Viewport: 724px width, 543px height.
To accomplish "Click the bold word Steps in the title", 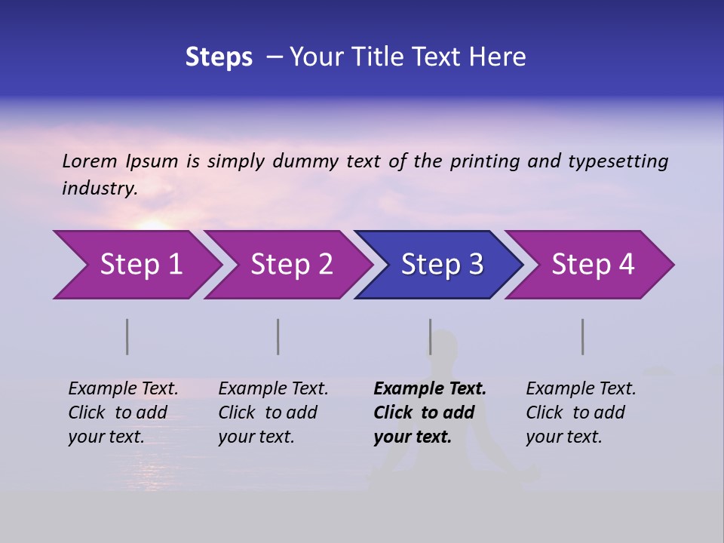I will click(219, 57).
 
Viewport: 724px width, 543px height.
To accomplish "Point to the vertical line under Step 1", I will click(127, 336).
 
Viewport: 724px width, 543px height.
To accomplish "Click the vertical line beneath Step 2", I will click(278, 336).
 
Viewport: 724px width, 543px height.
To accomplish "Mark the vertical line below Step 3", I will click(430, 336).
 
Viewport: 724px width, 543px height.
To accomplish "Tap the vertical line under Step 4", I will click(583, 336).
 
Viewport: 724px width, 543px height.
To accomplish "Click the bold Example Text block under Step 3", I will click(430, 413).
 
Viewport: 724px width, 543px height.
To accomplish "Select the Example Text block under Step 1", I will click(123, 413).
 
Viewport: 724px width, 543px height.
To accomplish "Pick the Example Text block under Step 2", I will click(273, 413).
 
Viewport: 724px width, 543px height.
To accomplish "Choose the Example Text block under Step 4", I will click(581, 413).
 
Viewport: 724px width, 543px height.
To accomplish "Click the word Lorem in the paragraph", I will click(90, 161).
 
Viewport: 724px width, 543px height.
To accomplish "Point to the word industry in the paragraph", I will click(99, 188).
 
